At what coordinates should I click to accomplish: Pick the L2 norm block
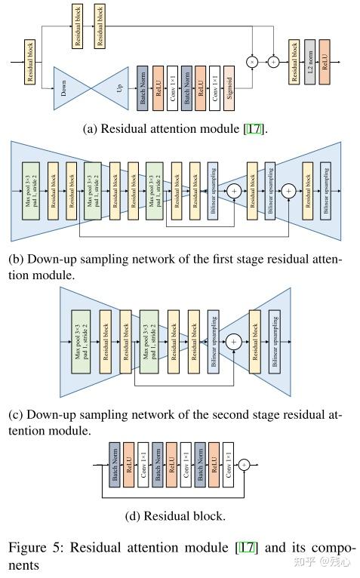click(309, 61)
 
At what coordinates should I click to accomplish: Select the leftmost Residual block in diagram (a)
click(30, 61)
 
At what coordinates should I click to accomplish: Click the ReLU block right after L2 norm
click(325, 61)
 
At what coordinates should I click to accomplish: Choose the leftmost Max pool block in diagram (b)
click(31, 192)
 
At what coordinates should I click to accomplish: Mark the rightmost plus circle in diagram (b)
click(288, 192)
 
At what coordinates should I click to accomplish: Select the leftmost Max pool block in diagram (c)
click(81, 342)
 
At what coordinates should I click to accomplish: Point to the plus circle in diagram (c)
click(234, 342)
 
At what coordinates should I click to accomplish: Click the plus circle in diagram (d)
click(244, 466)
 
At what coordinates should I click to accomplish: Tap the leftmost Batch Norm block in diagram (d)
click(116, 466)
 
